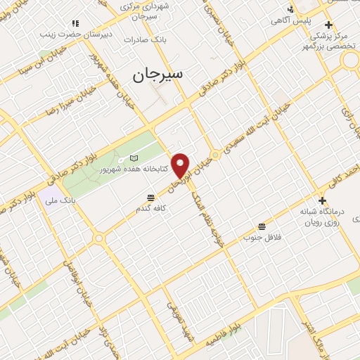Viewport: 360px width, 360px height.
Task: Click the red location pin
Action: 181,164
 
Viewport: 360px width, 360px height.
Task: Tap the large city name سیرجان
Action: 158,72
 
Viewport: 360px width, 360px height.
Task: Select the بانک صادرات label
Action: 144,39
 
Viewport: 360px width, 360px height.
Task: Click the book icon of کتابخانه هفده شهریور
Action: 134,158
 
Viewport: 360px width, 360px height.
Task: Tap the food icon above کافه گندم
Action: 150,198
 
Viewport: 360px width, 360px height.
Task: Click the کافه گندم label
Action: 153,209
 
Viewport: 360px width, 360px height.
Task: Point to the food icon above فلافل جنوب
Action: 262,226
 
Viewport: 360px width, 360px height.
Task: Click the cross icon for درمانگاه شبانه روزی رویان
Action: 322,200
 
